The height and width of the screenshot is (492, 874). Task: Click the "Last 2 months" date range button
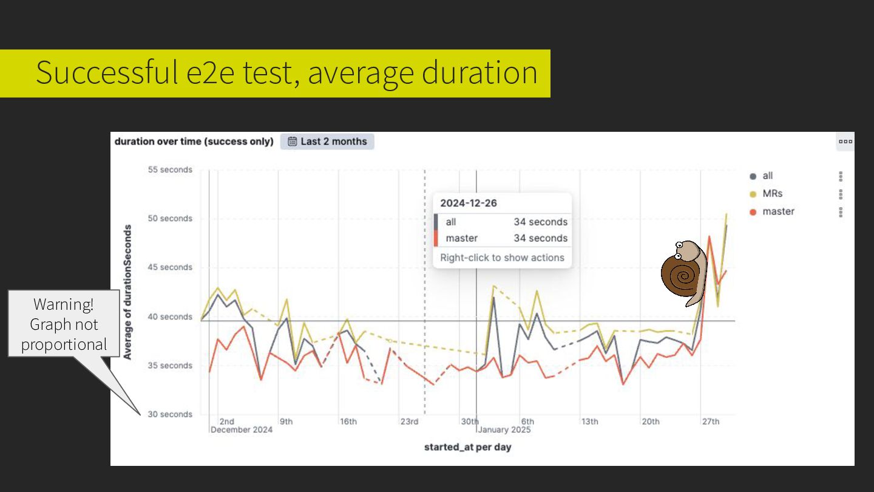tap(327, 142)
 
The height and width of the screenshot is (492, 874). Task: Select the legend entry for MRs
tap(772, 194)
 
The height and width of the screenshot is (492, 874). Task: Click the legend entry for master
tap(778, 211)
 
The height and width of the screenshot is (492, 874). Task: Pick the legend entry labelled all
tap(767, 176)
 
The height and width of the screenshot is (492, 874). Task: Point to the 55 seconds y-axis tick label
tap(170, 170)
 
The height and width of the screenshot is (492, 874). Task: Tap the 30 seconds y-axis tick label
tap(170, 414)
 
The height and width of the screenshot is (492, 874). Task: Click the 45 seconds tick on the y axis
tap(170, 267)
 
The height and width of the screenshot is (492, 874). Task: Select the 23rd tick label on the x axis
tap(409, 422)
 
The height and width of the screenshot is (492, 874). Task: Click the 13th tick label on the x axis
tap(589, 422)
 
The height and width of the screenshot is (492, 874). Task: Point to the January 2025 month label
tap(504, 430)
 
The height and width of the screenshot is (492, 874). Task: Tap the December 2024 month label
tap(242, 430)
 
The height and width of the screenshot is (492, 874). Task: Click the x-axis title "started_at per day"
tap(467, 447)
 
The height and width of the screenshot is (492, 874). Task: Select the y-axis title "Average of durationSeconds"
tap(127, 292)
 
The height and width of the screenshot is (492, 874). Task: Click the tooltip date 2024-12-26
tap(469, 203)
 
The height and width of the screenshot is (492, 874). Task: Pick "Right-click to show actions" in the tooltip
tap(502, 258)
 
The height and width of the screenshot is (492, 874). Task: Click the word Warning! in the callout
tap(64, 304)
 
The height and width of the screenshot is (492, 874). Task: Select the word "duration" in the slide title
tap(479, 72)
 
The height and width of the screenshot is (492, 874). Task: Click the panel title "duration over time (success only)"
tap(194, 142)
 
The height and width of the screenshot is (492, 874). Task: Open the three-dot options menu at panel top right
tap(845, 142)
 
